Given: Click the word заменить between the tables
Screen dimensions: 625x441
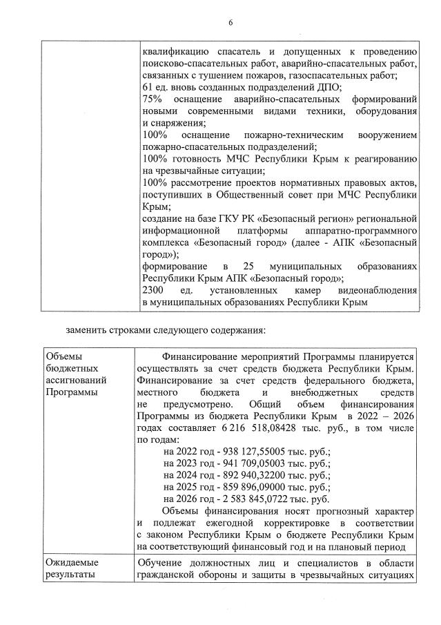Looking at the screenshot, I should click(86, 329).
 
